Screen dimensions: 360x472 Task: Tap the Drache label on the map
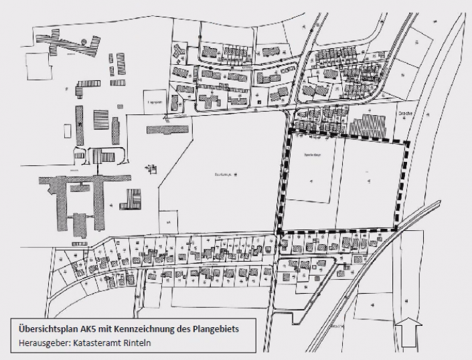click(406, 114)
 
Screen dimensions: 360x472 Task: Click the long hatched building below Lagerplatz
click(167, 128)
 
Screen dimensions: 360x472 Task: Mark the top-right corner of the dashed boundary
click(406, 143)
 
